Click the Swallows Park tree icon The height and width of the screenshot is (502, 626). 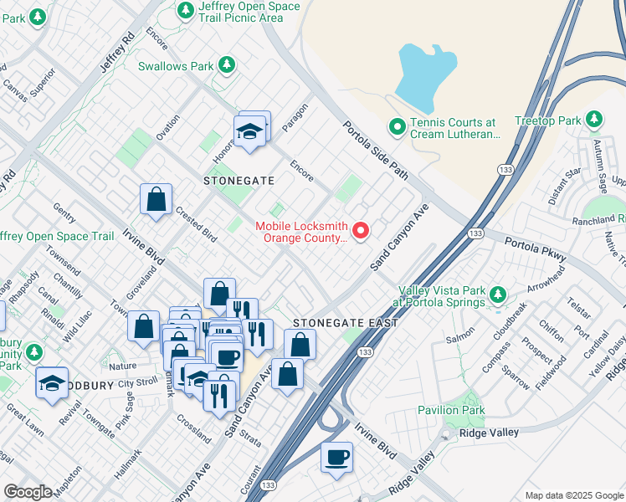click(225, 65)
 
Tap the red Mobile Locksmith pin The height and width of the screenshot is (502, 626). click(362, 231)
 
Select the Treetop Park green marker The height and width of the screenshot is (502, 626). click(594, 120)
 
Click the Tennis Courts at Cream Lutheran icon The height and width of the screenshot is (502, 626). click(398, 127)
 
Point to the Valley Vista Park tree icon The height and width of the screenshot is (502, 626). click(498, 295)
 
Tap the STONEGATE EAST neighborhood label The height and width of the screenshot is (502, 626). click(336, 323)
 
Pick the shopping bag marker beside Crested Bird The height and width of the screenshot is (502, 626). click(156, 200)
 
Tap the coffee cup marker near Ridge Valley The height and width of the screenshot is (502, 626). click(336, 458)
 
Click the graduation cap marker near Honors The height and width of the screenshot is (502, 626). click(249, 131)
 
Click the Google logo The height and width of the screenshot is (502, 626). click(28, 492)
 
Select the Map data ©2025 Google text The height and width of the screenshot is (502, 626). click(574, 495)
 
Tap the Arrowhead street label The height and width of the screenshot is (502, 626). click(548, 283)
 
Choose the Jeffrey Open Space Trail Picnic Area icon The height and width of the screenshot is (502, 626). click(186, 10)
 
